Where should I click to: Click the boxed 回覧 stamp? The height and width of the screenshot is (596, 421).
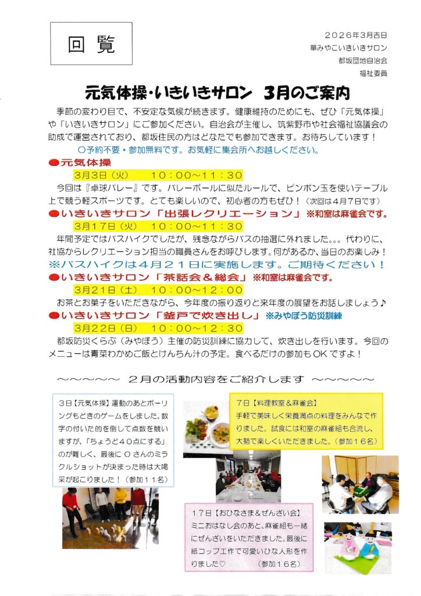(x=91, y=44)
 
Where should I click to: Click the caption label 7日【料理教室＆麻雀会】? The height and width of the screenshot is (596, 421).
(x=276, y=402)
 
